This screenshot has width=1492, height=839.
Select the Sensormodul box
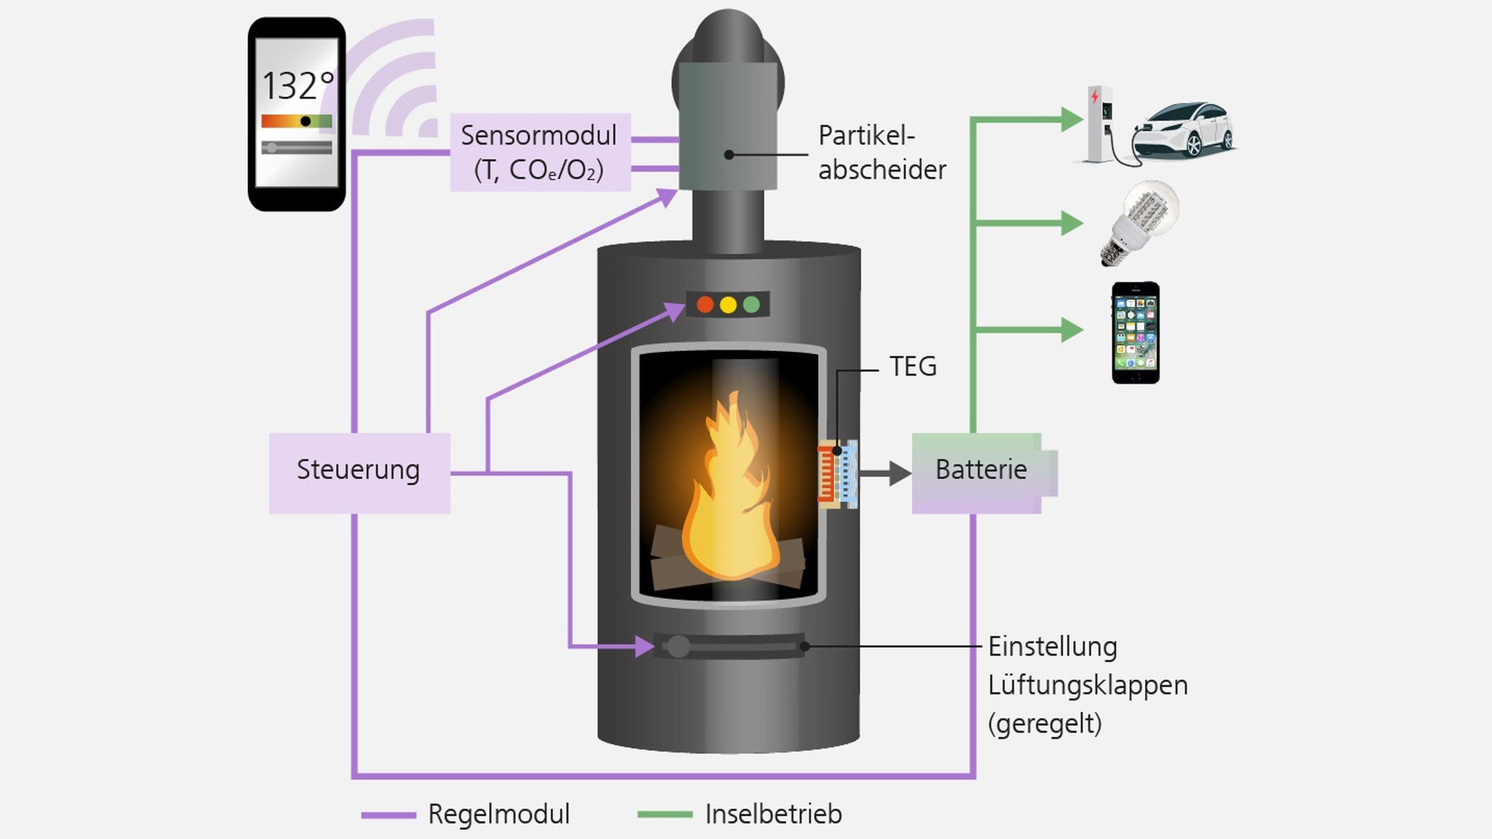[540, 152]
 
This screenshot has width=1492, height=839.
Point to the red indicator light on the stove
[705, 305]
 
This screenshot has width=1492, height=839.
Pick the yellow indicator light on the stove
[728, 305]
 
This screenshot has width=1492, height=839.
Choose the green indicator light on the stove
[751, 305]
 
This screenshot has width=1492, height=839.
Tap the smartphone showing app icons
[1135, 333]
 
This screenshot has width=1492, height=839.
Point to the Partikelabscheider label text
[882, 153]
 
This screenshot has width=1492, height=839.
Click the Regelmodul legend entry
[498, 814]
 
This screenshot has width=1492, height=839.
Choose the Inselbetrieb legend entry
[773, 814]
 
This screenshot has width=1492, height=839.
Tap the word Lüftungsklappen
[1087, 686]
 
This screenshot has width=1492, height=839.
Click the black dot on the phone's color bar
[305, 121]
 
